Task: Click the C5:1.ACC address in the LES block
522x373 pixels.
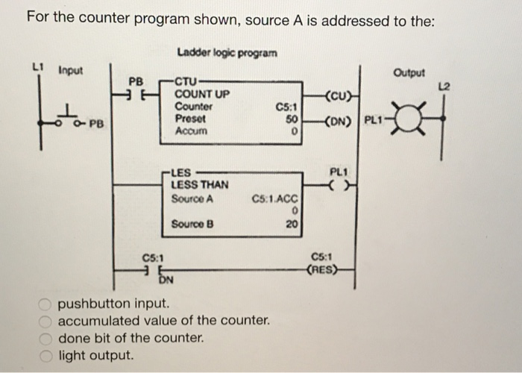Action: tap(275, 199)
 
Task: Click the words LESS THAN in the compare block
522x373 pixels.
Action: tap(200, 184)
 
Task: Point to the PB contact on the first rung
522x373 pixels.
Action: tap(134, 94)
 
